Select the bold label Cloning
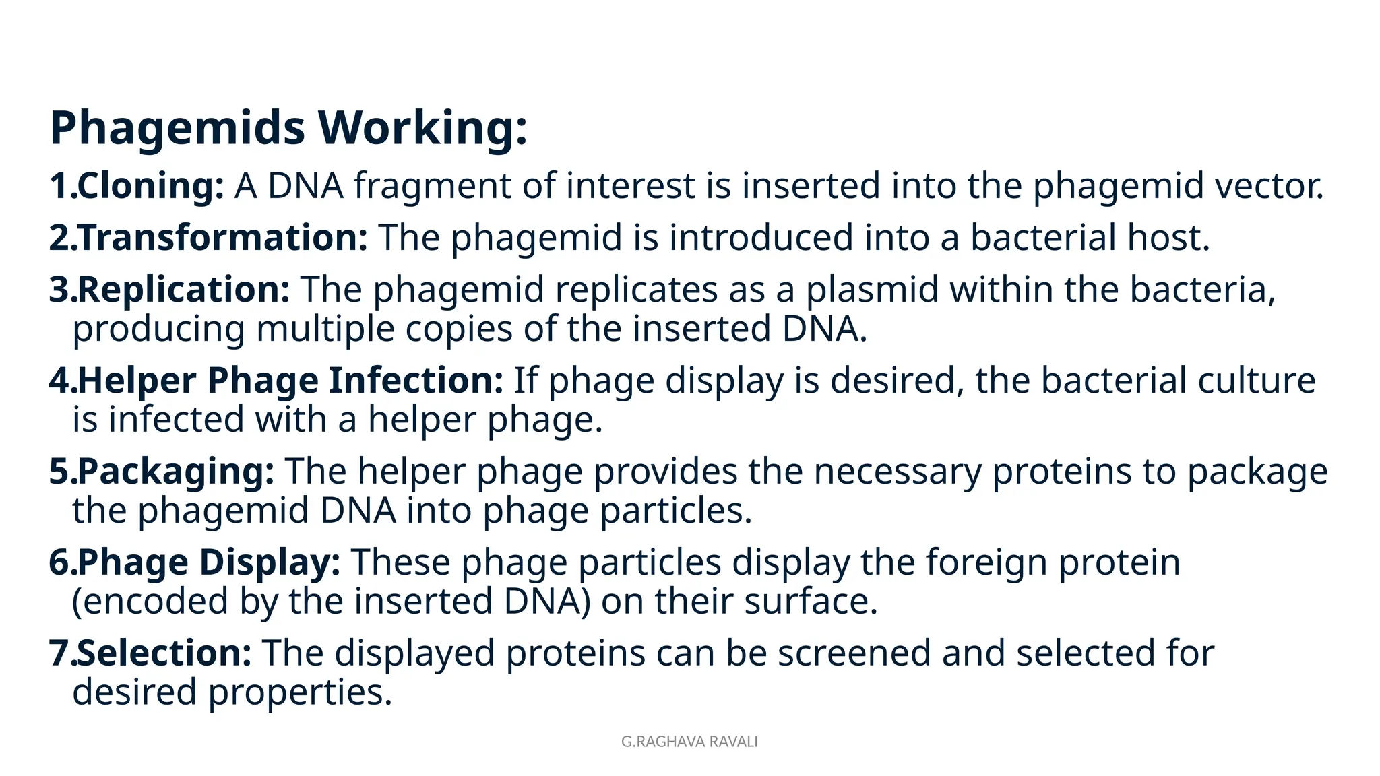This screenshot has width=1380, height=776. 150,185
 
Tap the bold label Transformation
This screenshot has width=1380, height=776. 222,237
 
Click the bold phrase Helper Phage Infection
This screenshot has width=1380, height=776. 290,380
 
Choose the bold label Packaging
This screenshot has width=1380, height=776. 176,471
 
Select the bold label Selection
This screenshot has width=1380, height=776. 164,653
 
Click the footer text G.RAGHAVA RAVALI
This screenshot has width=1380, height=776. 689,742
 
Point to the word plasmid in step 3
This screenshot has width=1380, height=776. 872,290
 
